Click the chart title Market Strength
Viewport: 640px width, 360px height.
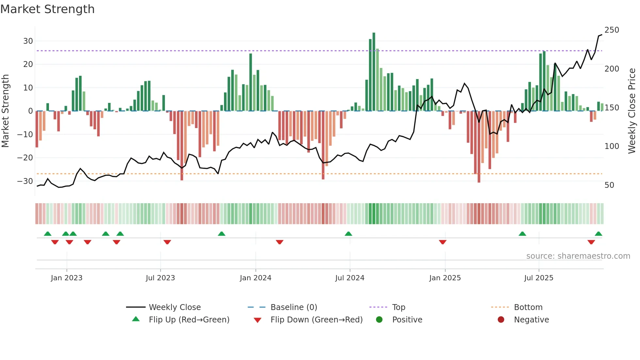[x=47, y=9]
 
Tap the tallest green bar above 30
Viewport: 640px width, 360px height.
[x=374, y=72]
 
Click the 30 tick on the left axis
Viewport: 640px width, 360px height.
[x=28, y=41]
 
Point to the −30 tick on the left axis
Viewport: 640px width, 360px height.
[x=25, y=181]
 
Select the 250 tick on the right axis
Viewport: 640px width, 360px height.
[x=612, y=30]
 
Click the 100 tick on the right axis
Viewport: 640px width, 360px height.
[x=612, y=146]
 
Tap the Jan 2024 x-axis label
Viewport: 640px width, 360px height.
[x=255, y=278]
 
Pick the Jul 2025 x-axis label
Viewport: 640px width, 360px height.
[x=538, y=278]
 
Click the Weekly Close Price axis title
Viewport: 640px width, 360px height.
[x=632, y=111]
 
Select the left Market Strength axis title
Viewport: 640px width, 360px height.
[x=6, y=111]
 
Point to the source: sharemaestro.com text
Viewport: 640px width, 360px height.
[x=578, y=256]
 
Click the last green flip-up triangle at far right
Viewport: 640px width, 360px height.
[x=598, y=234]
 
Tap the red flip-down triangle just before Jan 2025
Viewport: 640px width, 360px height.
[x=442, y=242]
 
